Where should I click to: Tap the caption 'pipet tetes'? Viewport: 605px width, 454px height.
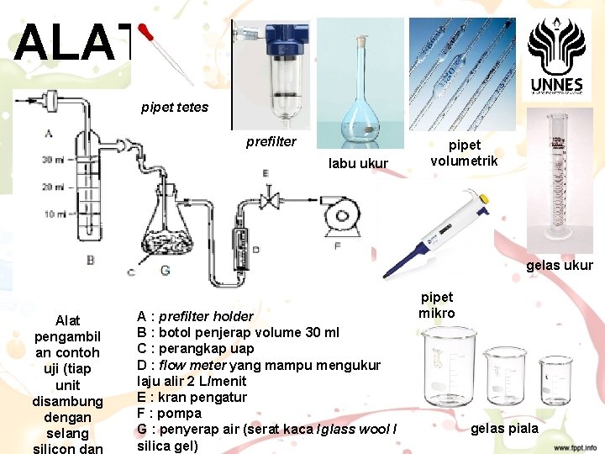[175, 107]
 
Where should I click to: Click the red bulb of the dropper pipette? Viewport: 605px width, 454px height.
[149, 33]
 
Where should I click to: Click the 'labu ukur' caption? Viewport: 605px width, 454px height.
[358, 162]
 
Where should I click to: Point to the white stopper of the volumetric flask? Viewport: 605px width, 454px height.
[362, 39]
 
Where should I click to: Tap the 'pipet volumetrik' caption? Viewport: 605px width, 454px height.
[464, 152]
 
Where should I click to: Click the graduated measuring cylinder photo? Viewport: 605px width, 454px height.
[557, 181]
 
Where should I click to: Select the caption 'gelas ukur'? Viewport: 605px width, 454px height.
[560, 266]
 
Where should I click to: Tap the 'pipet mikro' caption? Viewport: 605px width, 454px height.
[437, 304]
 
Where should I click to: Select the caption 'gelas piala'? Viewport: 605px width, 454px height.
[504, 429]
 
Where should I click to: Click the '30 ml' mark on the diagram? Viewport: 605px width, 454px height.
[55, 160]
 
